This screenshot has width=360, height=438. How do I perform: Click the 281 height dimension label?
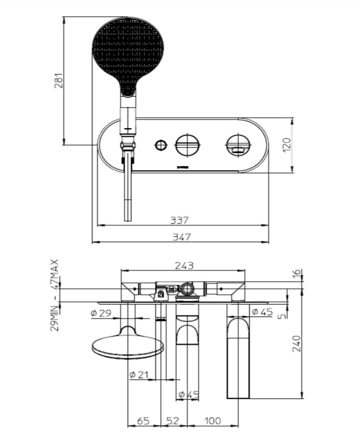pyautogui.click(x=59, y=81)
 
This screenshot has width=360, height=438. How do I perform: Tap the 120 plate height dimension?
pyautogui.click(x=287, y=145)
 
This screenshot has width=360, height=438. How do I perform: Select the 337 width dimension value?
pyautogui.click(x=179, y=220)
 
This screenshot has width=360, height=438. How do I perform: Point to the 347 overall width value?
pyautogui.click(x=182, y=237)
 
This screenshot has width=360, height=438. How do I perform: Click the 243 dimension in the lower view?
pyautogui.click(x=184, y=265)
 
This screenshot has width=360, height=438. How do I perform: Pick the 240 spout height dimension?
pyautogui.click(x=297, y=344)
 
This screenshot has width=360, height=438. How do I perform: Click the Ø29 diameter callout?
pyautogui.click(x=101, y=313)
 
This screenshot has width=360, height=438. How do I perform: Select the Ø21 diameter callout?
pyautogui.click(x=139, y=374)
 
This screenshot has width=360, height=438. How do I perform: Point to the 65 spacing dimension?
pyautogui.click(x=143, y=421)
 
